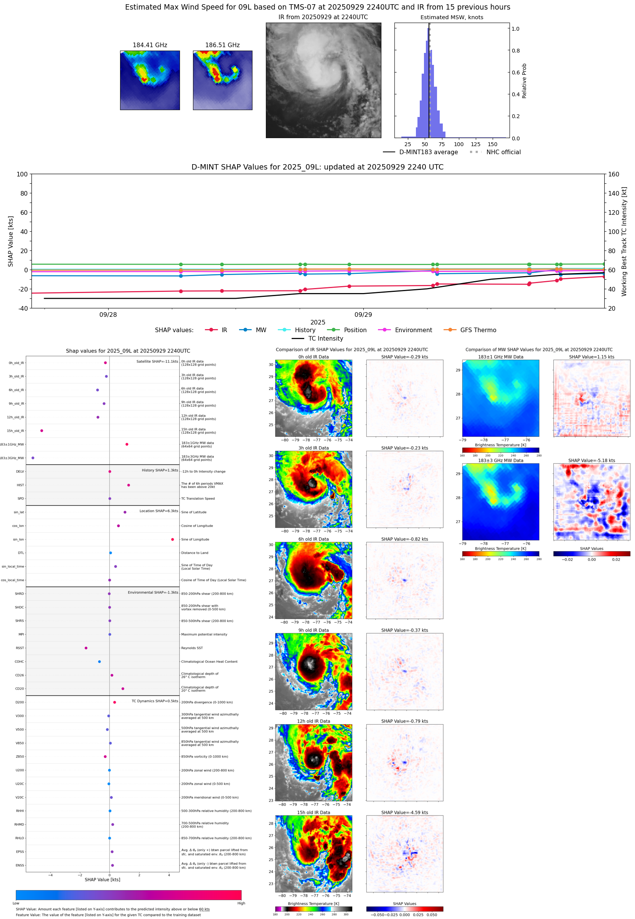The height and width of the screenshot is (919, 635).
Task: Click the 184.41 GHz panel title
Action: point(150,45)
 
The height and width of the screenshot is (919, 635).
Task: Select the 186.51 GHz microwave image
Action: point(223,80)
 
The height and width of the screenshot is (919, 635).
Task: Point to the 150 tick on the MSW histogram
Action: point(492,144)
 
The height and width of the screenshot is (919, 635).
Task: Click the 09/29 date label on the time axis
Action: point(363,315)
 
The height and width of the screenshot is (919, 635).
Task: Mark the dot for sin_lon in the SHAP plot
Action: point(172,540)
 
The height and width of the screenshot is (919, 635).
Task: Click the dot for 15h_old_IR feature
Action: point(42,431)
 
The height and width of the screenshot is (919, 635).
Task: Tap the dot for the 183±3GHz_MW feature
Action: point(33,458)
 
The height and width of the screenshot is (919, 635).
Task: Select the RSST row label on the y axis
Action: point(20,648)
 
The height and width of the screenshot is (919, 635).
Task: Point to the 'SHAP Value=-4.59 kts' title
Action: point(404,812)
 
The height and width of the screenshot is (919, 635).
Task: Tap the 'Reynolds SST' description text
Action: point(192,648)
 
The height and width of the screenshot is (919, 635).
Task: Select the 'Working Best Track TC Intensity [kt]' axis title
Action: point(624,241)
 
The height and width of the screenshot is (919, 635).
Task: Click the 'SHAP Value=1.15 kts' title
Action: point(591,357)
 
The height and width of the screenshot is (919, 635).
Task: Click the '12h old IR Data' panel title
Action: point(313,721)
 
